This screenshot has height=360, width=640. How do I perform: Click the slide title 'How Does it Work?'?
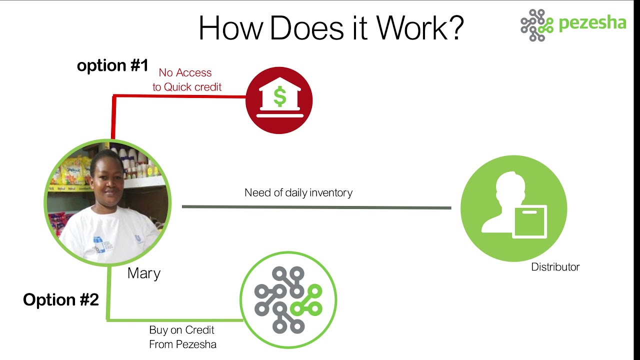331,28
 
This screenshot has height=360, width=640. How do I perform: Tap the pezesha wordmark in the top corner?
592,23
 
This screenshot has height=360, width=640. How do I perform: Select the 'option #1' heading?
112,65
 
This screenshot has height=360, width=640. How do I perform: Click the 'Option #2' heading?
61,299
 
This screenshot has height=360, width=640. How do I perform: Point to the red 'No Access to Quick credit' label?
187,79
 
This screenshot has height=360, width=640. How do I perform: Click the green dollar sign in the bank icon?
279,96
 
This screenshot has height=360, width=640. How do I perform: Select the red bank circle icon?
279,100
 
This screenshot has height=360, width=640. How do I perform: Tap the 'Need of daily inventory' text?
298,193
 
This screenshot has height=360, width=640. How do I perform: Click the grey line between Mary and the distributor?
316,207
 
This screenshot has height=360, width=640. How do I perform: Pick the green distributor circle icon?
513,208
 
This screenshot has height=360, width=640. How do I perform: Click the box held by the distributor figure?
529,221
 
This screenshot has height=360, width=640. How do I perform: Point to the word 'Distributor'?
555,267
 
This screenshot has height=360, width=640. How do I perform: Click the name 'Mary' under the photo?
144,273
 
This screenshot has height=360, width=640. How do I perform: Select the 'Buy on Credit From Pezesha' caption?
182,337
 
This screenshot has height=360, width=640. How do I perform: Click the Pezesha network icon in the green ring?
288,300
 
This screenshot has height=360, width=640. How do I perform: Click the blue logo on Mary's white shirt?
99,244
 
